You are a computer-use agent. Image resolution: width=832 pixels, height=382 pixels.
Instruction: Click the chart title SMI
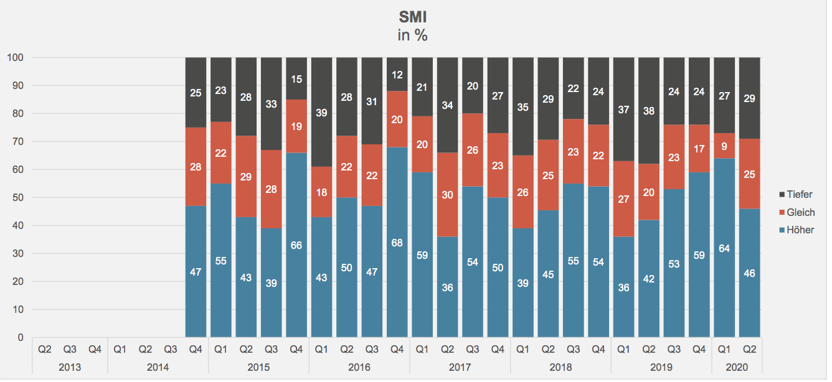point(412,17)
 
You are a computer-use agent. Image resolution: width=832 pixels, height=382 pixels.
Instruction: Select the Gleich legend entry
point(800,213)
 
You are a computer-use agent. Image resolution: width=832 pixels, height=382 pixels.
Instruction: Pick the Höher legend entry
point(799,230)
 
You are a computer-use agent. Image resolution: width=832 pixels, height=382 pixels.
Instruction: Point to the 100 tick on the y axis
point(15,58)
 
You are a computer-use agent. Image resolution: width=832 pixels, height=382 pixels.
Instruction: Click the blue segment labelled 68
point(397,243)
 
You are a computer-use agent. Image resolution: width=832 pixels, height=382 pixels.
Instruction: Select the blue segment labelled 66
point(296,245)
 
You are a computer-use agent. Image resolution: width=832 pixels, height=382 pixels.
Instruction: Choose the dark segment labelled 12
point(397,75)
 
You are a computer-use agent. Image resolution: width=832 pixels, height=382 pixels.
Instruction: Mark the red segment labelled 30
point(447,195)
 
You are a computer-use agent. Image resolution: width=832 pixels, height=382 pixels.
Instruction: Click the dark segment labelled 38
point(648,111)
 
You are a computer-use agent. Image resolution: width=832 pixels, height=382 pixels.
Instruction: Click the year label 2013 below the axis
point(70,368)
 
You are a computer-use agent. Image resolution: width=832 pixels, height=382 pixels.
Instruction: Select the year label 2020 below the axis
point(736,368)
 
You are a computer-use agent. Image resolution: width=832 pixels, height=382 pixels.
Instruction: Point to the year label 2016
point(359,368)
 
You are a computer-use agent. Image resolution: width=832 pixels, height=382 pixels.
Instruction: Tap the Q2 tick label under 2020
point(749,350)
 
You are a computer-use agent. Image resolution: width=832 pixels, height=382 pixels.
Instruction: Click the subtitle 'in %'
point(412,35)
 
